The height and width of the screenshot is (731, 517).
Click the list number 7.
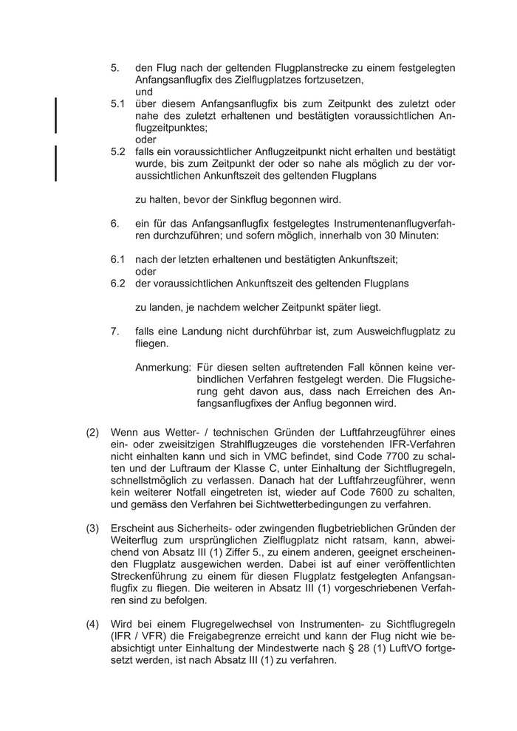(x=115, y=332)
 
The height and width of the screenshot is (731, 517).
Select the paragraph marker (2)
(x=92, y=432)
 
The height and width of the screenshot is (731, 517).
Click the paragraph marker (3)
(x=92, y=528)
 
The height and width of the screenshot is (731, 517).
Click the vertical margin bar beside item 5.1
(x=56, y=114)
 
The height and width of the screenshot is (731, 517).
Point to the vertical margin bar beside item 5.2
(x=56, y=163)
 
